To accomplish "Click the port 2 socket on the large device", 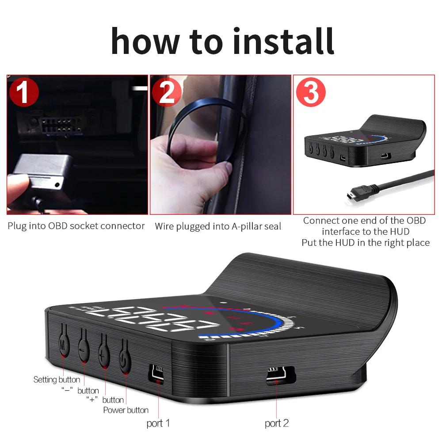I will click(x=277, y=375).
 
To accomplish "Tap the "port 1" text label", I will click(x=158, y=423).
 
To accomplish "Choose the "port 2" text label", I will click(x=277, y=423).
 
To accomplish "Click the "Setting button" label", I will click(x=57, y=380).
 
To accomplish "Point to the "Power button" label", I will click(x=126, y=410).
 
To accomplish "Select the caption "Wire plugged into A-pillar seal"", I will click(x=217, y=226).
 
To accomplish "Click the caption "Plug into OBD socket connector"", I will click(x=76, y=226).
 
